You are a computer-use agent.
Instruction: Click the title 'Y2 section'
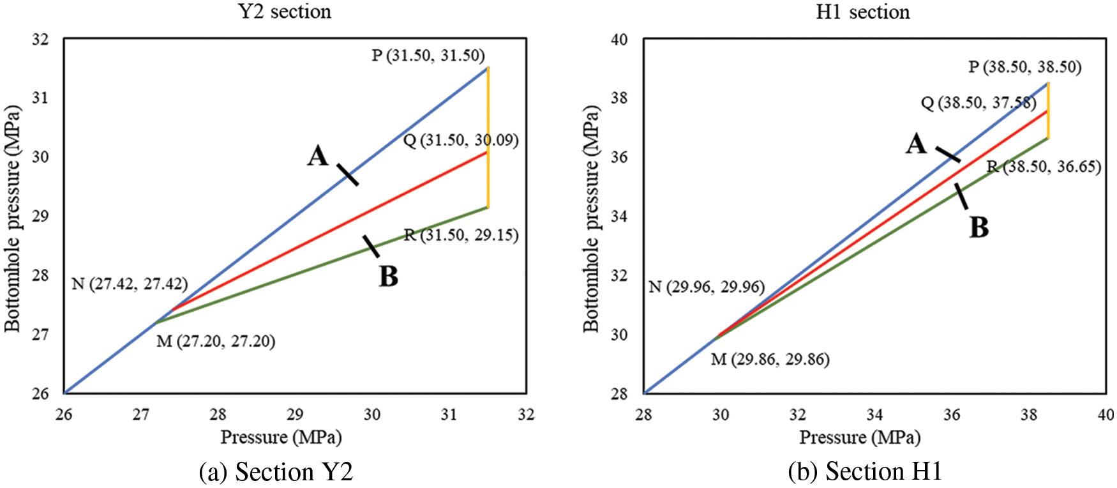coord(285,11)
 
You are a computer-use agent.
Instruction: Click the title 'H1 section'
coord(862,11)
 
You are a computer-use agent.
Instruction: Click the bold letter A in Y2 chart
coord(317,155)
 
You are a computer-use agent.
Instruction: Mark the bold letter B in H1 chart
coord(978,227)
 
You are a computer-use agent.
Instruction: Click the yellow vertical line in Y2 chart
coord(488,137)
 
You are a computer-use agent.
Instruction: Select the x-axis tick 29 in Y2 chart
coord(295,415)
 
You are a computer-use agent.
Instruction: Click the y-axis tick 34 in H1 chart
coord(618,216)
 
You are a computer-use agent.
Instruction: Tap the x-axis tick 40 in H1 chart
coord(1106,415)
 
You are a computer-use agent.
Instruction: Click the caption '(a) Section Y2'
coord(276,472)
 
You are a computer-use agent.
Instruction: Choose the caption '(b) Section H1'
coord(865,471)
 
